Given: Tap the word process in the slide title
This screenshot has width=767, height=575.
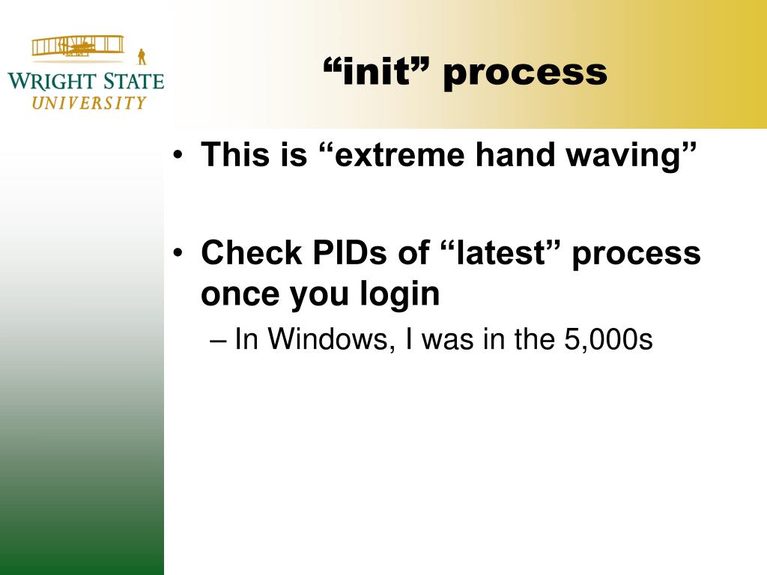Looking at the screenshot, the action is point(525,74).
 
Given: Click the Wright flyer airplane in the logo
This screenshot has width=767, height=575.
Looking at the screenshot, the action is point(78,46).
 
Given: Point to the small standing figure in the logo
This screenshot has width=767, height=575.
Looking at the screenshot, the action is point(142,57).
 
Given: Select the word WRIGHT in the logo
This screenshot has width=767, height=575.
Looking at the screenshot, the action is point(52,82).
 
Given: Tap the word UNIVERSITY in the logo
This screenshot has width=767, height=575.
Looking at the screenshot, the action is point(89,103).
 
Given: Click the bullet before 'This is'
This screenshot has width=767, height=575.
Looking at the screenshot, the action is point(178,156).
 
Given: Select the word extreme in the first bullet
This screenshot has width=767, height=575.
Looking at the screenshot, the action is point(400,155).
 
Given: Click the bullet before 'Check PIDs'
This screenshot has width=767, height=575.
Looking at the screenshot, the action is point(178,253).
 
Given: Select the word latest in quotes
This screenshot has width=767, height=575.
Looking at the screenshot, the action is point(500,253).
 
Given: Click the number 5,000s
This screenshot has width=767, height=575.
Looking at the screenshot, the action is point(608,339).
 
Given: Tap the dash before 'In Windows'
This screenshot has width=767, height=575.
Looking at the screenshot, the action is point(218,341).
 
